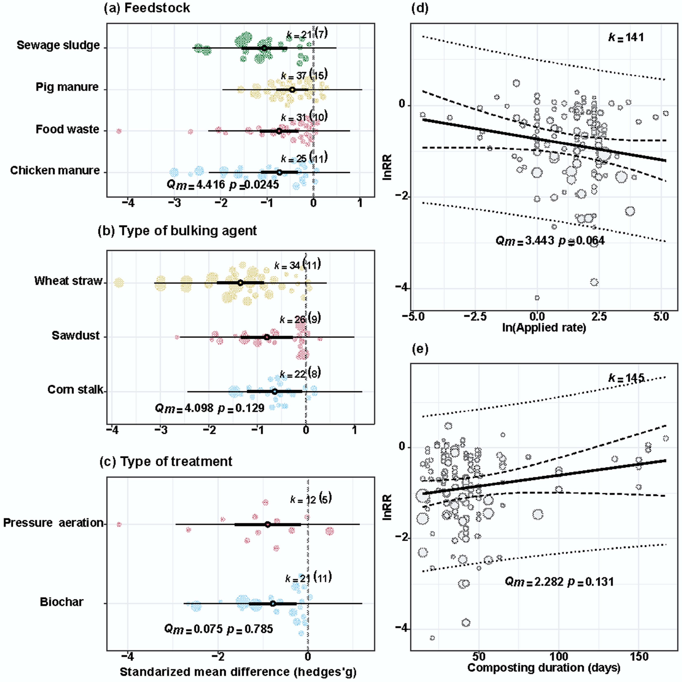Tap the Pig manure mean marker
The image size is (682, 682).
[x=292, y=90]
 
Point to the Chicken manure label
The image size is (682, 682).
[x=55, y=171]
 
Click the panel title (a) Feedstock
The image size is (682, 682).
[x=147, y=8]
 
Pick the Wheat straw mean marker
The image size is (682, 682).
[x=240, y=283]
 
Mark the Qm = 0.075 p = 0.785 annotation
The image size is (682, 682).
[x=219, y=629]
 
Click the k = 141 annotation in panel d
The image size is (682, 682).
[x=626, y=37]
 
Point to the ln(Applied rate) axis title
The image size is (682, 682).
[x=544, y=327]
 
